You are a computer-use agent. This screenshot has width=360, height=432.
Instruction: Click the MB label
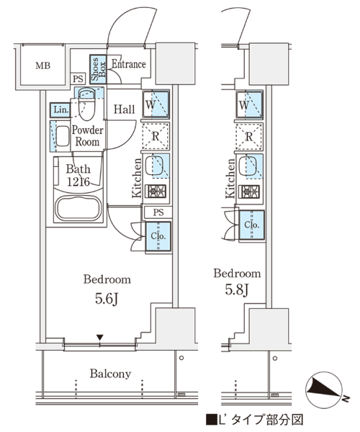point(43,66)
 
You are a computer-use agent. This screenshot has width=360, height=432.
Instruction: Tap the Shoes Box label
point(99,69)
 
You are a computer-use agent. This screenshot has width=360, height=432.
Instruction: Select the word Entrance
point(129,64)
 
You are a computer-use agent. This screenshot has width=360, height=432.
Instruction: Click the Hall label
point(125,109)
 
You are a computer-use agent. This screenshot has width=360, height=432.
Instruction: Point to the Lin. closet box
point(60,110)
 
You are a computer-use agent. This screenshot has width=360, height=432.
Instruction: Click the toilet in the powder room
point(87,104)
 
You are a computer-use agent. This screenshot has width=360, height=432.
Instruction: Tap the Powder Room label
point(87,136)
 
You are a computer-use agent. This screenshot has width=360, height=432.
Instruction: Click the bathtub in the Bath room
point(78,208)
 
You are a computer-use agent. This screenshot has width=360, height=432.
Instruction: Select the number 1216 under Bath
point(78,181)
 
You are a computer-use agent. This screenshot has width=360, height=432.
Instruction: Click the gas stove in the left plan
point(157,192)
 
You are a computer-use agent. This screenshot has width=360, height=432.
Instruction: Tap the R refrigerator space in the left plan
point(156,136)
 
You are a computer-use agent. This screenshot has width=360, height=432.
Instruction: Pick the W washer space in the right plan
point(249,104)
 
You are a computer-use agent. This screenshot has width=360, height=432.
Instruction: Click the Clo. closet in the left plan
point(158,236)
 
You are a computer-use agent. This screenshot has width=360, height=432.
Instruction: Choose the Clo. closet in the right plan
point(251,225)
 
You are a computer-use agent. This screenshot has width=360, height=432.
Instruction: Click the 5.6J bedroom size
point(107,299)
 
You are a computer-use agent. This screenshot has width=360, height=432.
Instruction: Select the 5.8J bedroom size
point(237,289)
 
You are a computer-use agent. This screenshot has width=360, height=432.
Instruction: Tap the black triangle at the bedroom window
point(99,337)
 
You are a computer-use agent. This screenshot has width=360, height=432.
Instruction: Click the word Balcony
point(110,374)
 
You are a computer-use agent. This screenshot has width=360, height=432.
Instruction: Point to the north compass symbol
point(325,390)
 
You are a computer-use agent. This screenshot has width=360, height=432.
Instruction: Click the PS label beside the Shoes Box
point(78,79)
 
